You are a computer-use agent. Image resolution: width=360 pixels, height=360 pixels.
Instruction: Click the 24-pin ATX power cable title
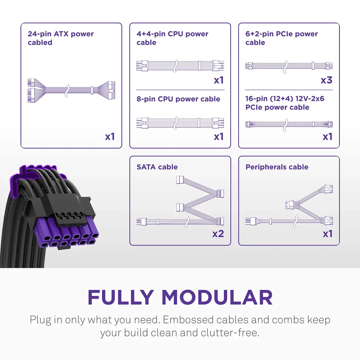pyautogui.click(x=61, y=38)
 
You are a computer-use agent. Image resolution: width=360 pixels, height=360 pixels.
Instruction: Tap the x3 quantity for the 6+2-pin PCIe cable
pyautogui.click(x=326, y=80)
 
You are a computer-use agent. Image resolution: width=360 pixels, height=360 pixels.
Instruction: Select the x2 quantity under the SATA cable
pyautogui.click(x=218, y=234)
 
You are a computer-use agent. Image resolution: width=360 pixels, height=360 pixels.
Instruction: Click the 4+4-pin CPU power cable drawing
pyautogui.click(x=180, y=65)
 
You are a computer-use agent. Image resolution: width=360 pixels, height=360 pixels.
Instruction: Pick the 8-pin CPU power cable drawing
pyautogui.click(x=180, y=122)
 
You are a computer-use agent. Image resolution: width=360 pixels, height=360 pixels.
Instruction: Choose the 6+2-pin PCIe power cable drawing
pyautogui.click(x=289, y=66)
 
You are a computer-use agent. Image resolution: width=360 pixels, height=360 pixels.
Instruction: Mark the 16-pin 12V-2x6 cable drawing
pyautogui.click(x=289, y=124)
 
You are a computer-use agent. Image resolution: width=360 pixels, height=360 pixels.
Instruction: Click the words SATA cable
pyautogui.click(x=157, y=167)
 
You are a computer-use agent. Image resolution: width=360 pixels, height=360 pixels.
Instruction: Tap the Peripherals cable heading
pyautogui.click(x=277, y=167)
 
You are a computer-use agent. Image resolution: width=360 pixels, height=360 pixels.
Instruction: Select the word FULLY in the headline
pyautogui.click(x=121, y=298)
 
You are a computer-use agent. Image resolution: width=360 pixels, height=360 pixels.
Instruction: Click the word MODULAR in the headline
pyautogui.click(x=217, y=298)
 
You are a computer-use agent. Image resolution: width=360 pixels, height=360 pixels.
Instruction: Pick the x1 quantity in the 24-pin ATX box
pyautogui.click(x=110, y=137)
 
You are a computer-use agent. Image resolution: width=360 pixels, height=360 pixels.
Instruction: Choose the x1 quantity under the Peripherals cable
pyautogui.click(x=328, y=234)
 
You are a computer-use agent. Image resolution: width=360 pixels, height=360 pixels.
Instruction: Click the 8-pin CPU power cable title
pyautogui.click(x=178, y=99)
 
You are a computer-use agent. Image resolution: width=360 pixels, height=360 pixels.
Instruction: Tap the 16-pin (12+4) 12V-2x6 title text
pyautogui.click(x=284, y=103)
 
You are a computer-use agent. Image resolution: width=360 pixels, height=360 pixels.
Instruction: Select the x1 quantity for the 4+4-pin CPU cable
pyautogui.click(x=219, y=80)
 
